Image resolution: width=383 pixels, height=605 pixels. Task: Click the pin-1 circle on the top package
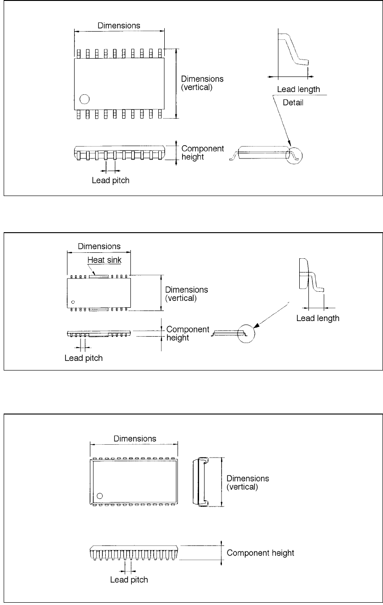[84, 99]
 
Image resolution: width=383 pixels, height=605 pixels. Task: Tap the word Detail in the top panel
[293, 103]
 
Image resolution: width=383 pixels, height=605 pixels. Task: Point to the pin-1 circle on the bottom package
[99, 496]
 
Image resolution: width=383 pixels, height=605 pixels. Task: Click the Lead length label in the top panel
[298, 89]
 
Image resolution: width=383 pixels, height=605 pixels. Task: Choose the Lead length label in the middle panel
[318, 318]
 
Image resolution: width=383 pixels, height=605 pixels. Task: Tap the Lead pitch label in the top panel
[111, 180]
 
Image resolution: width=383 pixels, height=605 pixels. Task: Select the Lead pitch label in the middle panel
[83, 358]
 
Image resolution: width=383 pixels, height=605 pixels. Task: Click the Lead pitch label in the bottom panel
[129, 580]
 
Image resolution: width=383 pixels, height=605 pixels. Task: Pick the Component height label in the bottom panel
[260, 553]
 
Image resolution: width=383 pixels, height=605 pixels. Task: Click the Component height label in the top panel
[203, 153]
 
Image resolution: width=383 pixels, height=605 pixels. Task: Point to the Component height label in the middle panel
[188, 333]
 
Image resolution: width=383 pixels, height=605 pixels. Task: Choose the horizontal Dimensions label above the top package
[119, 26]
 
